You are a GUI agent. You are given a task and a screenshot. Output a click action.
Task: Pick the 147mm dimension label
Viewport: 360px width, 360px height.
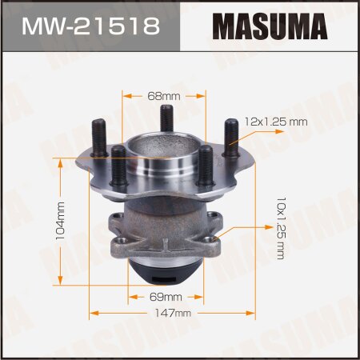170,314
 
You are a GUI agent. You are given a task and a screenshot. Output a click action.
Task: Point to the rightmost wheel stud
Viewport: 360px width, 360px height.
231,138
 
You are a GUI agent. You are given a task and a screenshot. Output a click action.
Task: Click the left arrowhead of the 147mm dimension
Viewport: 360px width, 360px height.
92,314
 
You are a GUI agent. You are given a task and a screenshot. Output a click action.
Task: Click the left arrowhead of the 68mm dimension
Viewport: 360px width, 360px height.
125,94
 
